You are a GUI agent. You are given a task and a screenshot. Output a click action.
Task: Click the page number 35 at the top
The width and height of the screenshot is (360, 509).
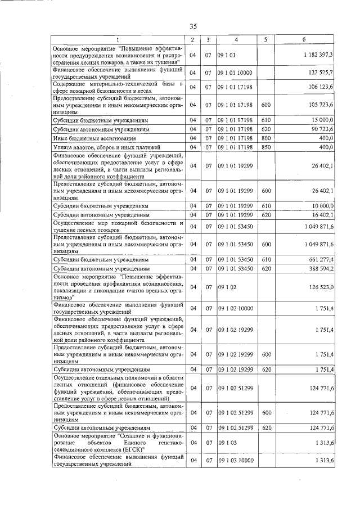pos(193,26)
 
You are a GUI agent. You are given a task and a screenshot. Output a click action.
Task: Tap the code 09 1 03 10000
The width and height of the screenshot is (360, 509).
pos(236,461)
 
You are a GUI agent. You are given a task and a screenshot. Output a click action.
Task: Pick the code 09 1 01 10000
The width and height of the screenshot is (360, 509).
pos(236,73)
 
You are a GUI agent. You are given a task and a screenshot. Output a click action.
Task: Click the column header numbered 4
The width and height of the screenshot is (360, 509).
pos(236,40)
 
